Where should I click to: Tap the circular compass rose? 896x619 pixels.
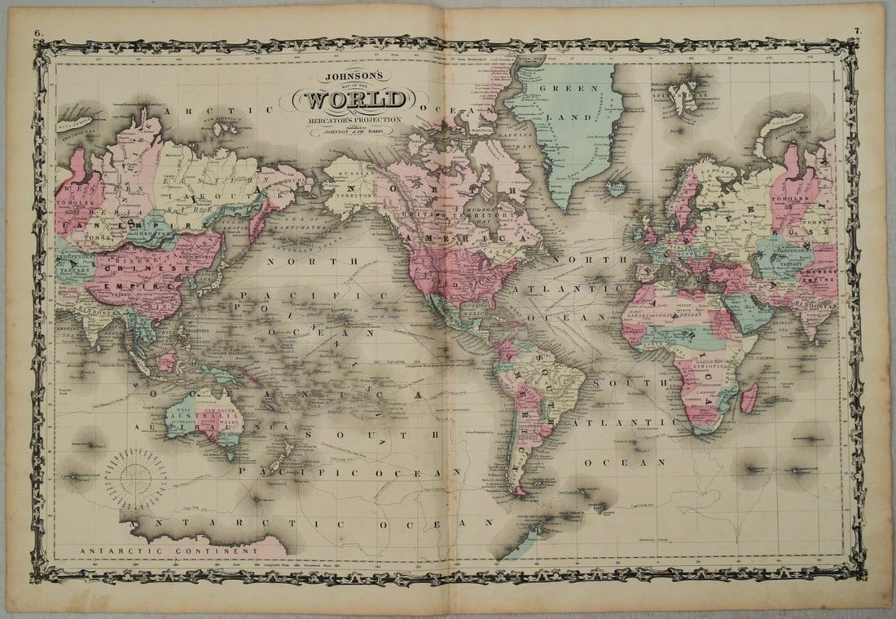pyautogui.click(x=134, y=481)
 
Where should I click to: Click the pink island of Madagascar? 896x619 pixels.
pyautogui.click(x=750, y=397)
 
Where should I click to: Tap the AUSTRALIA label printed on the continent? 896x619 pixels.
pyautogui.click(x=210, y=417)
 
